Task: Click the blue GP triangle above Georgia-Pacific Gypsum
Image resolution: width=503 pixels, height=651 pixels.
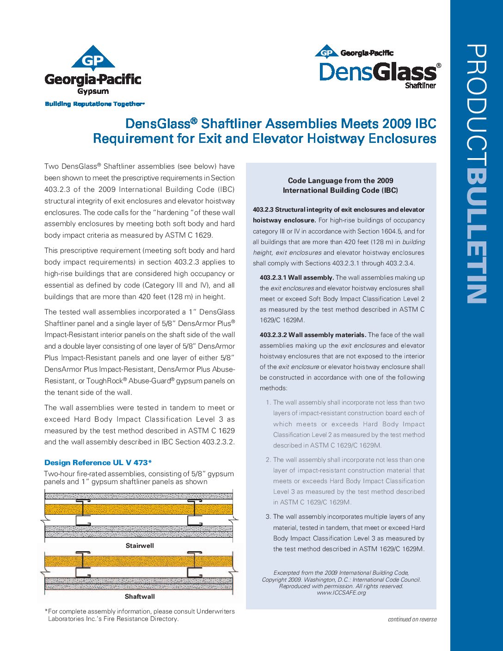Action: coord(93,59)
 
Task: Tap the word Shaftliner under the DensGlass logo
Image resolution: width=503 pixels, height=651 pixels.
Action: coord(420,86)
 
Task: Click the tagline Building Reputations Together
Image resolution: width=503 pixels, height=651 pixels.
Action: coord(94,104)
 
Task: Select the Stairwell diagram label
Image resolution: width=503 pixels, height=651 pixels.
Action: coord(140,546)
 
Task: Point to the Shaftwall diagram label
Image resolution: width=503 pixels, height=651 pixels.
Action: coord(140,596)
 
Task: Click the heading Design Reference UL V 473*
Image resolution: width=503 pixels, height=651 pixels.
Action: coord(98,462)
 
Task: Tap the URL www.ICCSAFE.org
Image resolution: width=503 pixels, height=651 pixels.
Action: coord(341,593)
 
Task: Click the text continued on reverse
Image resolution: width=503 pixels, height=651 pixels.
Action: coord(412,619)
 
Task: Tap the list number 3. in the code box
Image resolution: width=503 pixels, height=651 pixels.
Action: coord(268,517)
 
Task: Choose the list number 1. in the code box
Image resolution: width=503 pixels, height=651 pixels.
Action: coord(268,403)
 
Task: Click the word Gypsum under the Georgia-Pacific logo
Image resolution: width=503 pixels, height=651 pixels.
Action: coord(93,91)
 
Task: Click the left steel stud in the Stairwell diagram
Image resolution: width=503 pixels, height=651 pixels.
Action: coord(82,513)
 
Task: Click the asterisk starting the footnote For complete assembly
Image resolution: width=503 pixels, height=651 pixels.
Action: coord(46,611)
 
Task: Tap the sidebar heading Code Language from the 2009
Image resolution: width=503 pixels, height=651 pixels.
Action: coord(340,180)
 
